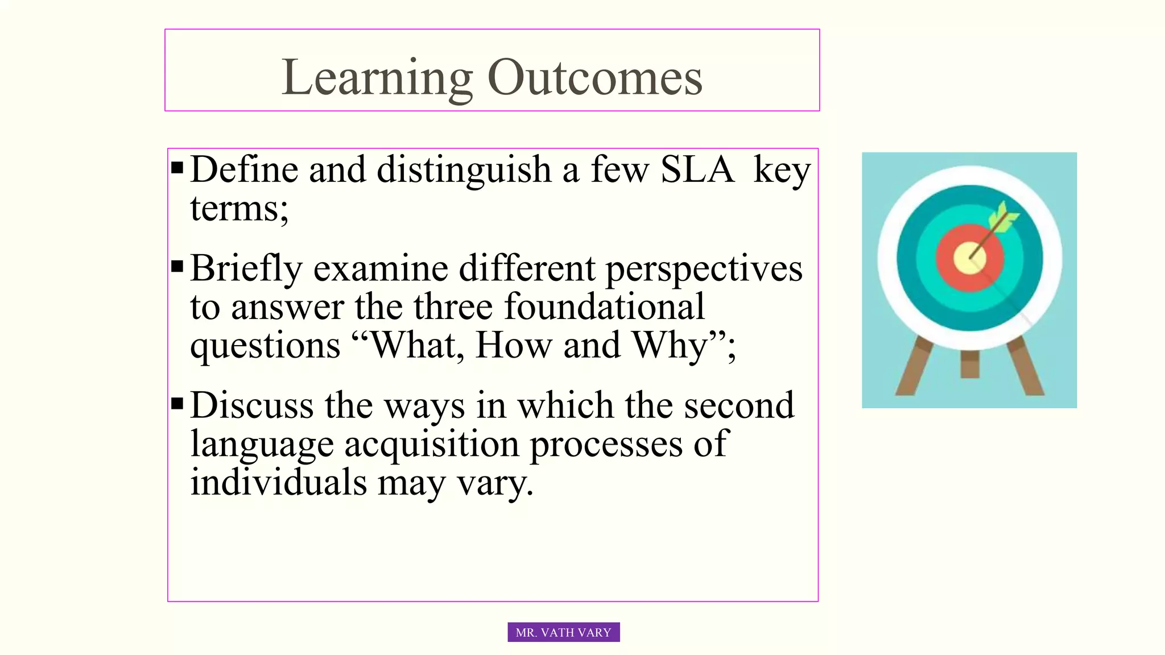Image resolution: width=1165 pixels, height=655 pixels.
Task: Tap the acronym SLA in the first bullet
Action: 697,169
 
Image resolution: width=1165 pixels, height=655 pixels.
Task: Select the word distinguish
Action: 464,169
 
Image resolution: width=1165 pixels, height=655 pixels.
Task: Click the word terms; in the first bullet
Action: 239,208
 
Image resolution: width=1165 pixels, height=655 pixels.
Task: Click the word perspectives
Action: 704,268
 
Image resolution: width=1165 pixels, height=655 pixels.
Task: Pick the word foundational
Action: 604,307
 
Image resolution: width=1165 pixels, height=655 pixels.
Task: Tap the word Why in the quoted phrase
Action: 670,345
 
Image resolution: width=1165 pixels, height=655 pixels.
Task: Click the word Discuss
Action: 251,405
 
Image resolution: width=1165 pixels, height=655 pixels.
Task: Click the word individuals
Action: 278,482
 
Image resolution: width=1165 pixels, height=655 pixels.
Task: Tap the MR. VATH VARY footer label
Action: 563,632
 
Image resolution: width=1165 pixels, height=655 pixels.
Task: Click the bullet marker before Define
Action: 177,168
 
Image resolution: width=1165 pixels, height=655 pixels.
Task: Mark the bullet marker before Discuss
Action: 177,404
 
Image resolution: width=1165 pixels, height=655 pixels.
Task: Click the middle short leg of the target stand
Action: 969,364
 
